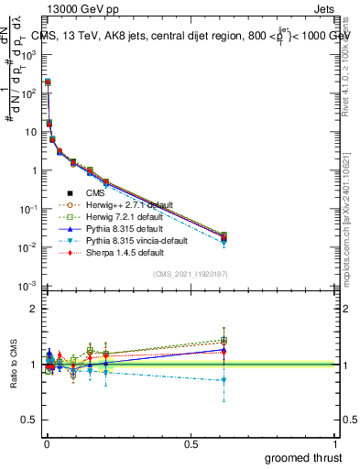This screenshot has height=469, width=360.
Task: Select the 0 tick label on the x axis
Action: pos(46,444)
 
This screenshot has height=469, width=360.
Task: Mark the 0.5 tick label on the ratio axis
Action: pos(29,420)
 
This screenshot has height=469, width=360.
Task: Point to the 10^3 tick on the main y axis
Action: pos(29,55)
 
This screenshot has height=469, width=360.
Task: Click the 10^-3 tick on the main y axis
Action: pos(29,286)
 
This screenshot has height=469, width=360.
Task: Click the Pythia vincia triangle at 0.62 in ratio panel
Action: pos(224,379)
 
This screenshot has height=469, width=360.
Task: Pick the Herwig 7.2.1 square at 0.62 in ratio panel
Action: pos(224,340)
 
